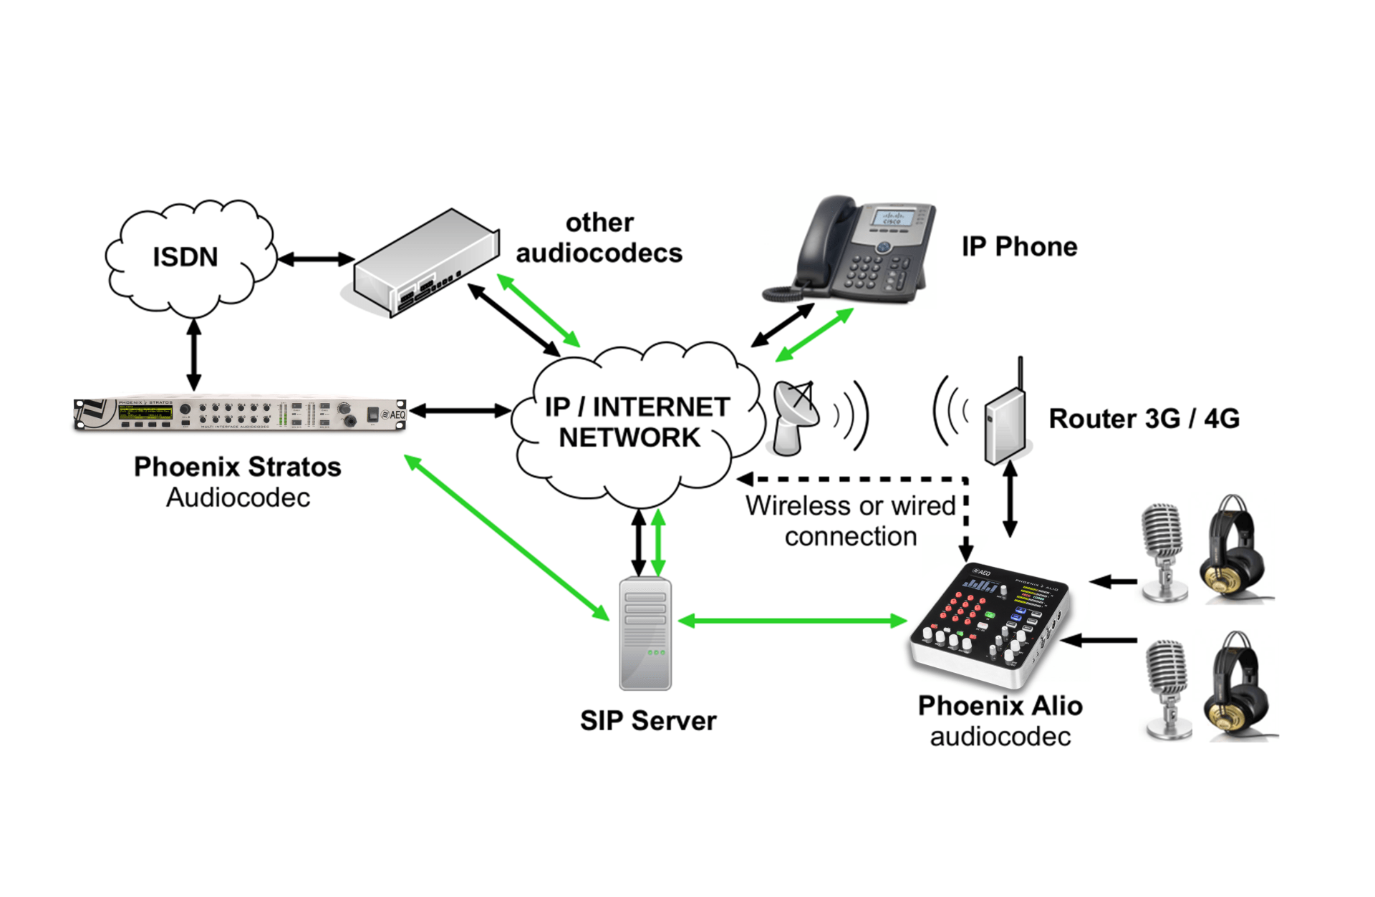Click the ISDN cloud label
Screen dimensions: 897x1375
coord(185,257)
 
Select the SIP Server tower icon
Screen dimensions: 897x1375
coord(645,634)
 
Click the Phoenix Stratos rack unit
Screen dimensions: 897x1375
coord(240,414)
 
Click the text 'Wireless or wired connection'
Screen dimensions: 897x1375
coord(850,521)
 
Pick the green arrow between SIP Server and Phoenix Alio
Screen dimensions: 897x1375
coord(792,621)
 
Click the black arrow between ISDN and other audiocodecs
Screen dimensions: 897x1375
coord(316,259)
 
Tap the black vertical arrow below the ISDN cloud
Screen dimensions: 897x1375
coord(194,354)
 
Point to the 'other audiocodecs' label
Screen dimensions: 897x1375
coord(599,238)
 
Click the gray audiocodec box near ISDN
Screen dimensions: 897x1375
coord(427,262)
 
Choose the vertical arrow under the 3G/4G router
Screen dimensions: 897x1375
coord(1010,499)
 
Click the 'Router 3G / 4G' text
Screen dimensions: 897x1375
coord(1144,419)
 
